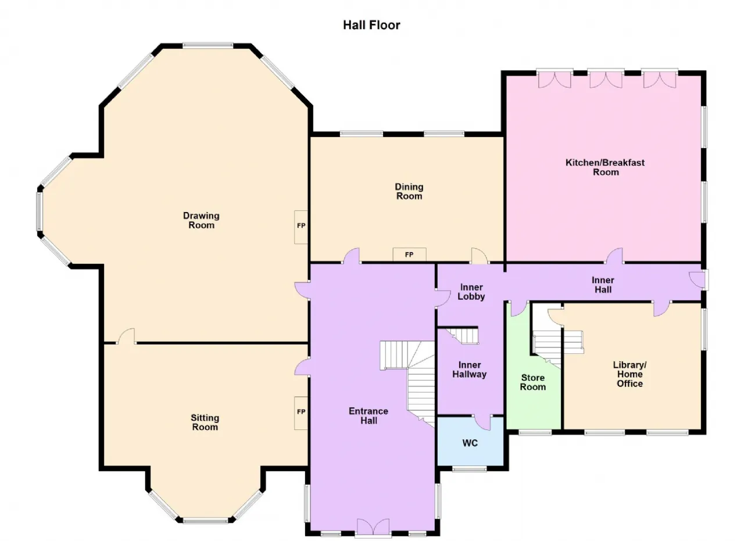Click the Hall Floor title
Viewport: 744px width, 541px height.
[371, 25]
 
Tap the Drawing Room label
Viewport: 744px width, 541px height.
[201, 220]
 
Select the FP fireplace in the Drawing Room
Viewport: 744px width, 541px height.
[301, 227]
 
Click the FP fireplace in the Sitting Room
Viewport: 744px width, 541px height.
[301, 413]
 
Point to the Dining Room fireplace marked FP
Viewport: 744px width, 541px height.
[409, 255]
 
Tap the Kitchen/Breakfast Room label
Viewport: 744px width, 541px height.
[605, 167]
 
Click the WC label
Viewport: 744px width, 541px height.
[470, 443]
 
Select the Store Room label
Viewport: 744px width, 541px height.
[533, 382]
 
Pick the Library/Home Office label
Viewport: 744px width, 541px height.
[629, 374]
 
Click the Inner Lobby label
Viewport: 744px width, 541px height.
[471, 292]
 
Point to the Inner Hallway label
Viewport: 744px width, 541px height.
[469, 370]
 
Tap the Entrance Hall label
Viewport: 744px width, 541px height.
[369, 416]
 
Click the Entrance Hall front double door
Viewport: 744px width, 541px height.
[373, 528]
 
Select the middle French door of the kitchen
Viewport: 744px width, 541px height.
[606, 79]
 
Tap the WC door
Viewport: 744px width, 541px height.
[482, 422]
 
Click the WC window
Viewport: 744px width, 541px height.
[469, 468]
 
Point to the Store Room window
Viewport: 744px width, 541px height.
[535, 432]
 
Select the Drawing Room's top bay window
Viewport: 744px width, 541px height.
[208, 45]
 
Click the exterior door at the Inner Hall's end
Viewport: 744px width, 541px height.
[699, 280]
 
